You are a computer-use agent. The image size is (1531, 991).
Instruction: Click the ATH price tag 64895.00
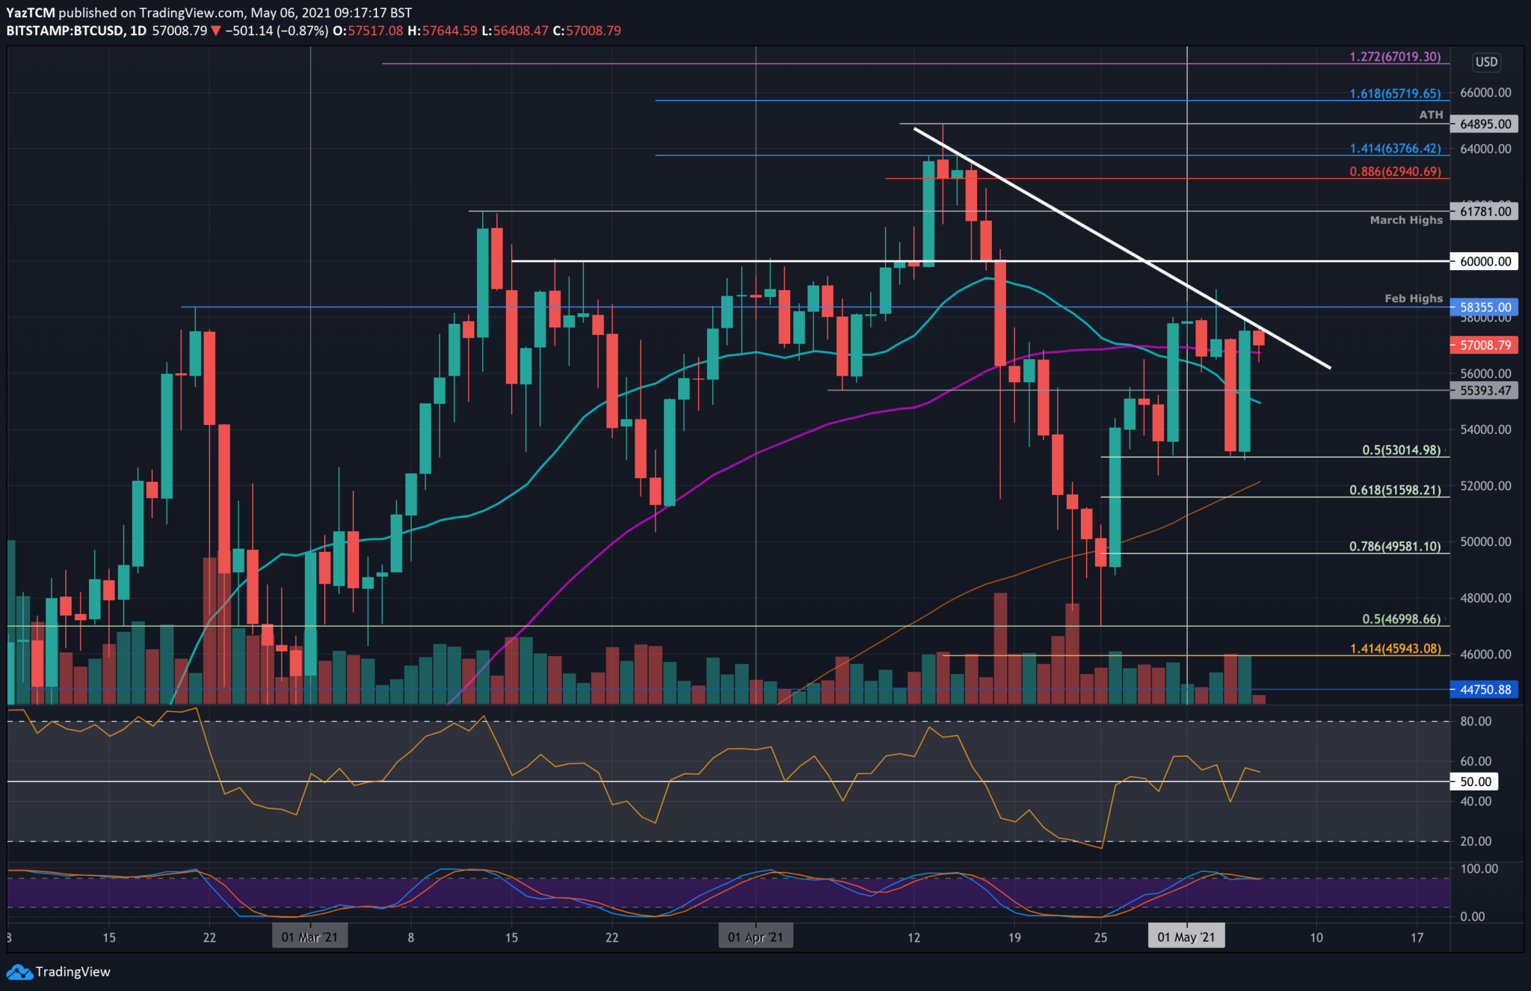point(1485,124)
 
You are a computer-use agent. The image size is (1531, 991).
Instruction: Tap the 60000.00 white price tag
point(1485,262)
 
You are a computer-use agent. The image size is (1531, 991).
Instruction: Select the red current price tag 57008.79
point(1485,346)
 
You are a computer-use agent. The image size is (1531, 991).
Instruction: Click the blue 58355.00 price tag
point(1485,307)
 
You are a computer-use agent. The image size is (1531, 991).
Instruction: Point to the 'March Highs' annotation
point(1405,220)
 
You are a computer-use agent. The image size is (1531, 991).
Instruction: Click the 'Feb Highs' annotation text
point(1413,298)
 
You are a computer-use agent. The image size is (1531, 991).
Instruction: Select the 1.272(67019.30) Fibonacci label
point(1394,57)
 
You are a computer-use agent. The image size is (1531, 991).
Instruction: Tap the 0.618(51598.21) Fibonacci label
point(1394,491)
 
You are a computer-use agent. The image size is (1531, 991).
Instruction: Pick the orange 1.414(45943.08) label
point(1394,648)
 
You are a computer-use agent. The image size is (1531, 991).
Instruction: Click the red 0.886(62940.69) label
point(1394,171)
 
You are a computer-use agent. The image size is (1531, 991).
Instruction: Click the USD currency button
point(1485,62)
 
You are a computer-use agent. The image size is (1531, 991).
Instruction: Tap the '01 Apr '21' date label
point(755,937)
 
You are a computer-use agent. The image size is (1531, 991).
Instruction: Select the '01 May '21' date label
point(1186,937)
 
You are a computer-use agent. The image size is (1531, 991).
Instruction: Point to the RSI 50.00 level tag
point(1475,782)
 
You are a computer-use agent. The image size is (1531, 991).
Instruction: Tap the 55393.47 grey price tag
point(1485,390)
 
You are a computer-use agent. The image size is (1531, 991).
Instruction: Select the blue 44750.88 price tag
point(1485,690)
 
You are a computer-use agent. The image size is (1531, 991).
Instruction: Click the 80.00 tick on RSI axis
point(1475,721)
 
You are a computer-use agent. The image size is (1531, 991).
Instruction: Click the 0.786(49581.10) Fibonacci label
point(1394,547)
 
